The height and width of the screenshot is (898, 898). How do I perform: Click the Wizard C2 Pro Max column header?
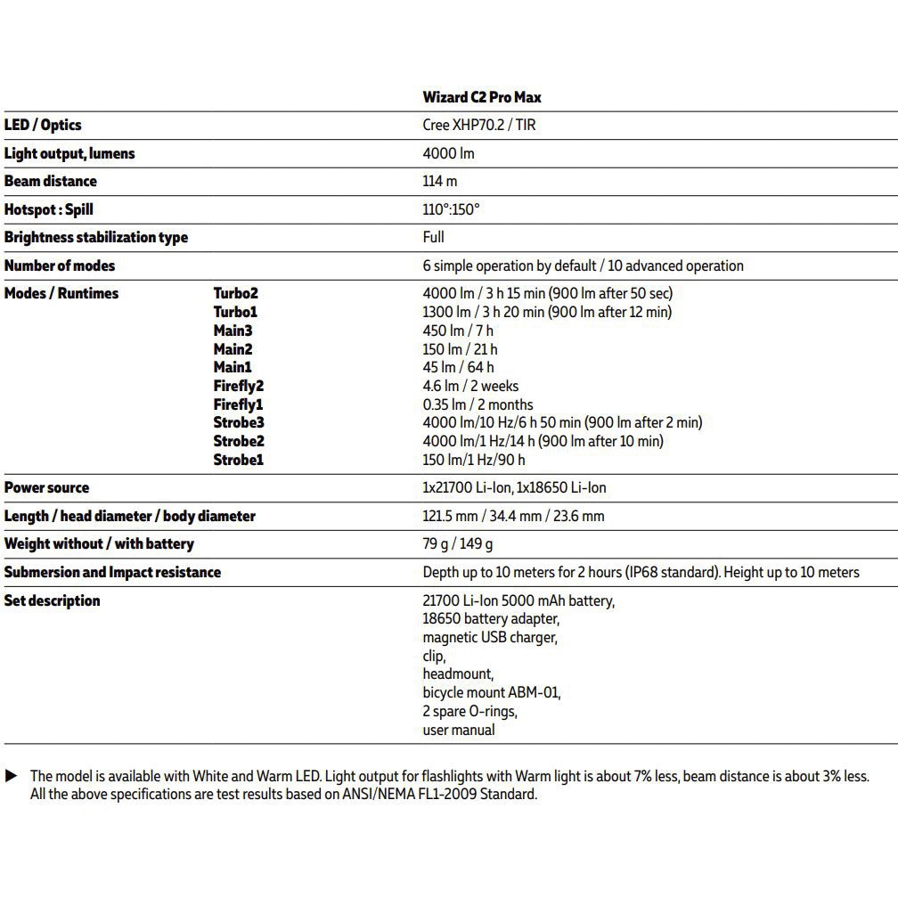[x=481, y=97]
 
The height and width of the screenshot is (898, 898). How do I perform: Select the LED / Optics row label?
[x=43, y=126]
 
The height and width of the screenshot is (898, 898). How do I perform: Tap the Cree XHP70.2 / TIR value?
[x=479, y=126]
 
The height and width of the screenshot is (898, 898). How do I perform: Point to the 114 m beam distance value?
[x=440, y=181]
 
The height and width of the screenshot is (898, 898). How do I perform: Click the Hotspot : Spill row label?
[x=48, y=209]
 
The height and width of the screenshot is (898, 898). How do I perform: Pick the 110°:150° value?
[x=451, y=209]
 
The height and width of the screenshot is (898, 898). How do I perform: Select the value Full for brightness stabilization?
[x=433, y=237]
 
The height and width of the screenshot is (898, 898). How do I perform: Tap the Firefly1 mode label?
[x=238, y=404]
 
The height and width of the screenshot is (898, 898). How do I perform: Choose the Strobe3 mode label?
[x=239, y=422]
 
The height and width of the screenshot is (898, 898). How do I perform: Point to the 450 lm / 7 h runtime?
[x=458, y=331]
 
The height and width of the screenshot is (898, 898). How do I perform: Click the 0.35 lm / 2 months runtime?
[x=478, y=404]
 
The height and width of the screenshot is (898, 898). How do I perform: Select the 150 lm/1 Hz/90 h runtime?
[x=474, y=460]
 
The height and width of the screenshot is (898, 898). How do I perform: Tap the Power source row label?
[x=46, y=488]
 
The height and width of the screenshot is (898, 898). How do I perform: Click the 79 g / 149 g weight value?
[x=458, y=543]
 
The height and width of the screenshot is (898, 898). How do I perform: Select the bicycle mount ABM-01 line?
[x=492, y=692]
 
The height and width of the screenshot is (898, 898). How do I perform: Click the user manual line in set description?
[x=459, y=730]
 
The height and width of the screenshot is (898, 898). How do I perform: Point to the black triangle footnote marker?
[x=12, y=776]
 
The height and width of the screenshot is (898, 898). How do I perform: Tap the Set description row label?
[x=52, y=600]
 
